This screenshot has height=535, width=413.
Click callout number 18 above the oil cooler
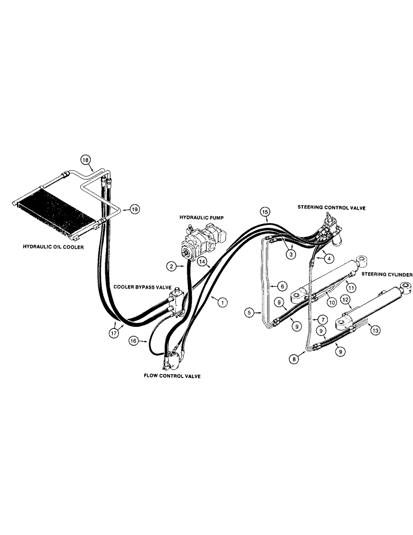(86, 159)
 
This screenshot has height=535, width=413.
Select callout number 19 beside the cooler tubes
(134, 209)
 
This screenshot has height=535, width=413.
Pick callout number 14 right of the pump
(202, 261)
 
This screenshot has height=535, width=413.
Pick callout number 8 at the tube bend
(295, 360)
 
